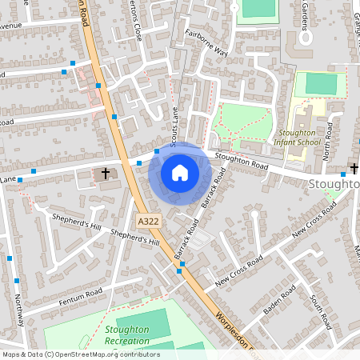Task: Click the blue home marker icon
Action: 180,173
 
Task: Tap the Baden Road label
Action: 280,300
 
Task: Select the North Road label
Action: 326,142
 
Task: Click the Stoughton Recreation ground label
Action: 126,335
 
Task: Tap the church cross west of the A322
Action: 106,173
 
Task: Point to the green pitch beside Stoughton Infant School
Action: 321,83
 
